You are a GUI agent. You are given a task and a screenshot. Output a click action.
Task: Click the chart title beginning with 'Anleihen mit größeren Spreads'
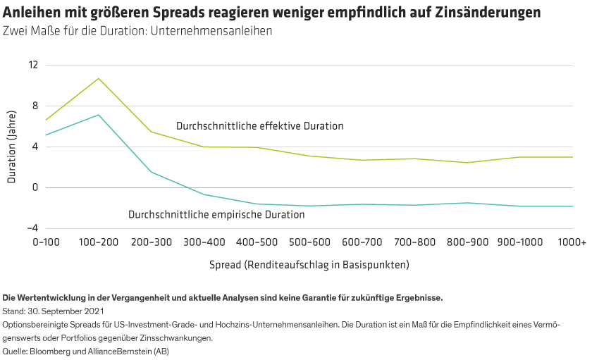click(272, 13)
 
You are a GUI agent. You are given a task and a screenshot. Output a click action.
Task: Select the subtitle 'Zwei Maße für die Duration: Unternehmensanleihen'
click(137, 32)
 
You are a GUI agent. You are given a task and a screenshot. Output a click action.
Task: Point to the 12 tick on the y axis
click(32, 65)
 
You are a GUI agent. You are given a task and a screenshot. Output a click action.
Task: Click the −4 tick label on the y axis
click(30, 228)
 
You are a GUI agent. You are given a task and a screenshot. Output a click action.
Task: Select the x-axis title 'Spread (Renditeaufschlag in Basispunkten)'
click(309, 266)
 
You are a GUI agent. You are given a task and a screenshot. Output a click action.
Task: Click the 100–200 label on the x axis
click(98, 242)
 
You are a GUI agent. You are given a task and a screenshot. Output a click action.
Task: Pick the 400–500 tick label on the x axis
click(257, 242)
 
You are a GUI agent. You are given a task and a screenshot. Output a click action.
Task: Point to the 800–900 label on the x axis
click(467, 242)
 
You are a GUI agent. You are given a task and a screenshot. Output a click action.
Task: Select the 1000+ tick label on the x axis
click(571, 242)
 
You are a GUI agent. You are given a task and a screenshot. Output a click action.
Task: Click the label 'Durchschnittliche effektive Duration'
click(259, 126)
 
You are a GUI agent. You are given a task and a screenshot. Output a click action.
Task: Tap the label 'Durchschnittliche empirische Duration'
click(216, 214)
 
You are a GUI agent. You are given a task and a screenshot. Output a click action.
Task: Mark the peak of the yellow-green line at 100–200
click(99, 78)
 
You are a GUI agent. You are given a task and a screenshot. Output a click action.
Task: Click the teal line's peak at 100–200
click(99, 115)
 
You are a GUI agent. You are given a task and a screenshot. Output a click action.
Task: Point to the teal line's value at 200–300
click(152, 172)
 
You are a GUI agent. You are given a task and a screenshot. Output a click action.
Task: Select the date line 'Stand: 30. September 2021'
click(54, 311)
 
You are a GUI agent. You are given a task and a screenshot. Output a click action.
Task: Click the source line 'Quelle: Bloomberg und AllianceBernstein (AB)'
click(86, 351)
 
